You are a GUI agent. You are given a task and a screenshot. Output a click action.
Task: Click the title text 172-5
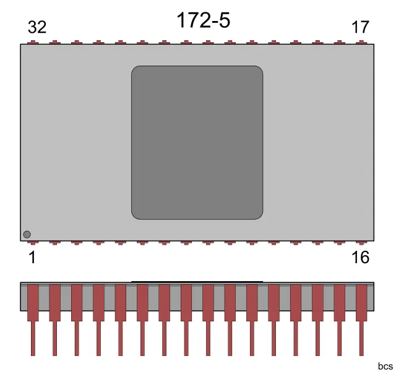click(203, 20)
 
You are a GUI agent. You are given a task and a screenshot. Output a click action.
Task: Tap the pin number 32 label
click(37, 28)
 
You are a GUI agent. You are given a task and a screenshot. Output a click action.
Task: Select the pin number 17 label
click(360, 28)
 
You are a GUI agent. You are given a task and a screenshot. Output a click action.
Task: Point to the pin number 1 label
click(32, 258)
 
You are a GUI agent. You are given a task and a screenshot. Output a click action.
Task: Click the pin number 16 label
click(360, 258)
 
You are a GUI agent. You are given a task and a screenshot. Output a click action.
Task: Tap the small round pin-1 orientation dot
click(27, 234)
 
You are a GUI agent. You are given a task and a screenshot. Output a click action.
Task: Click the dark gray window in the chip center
click(197, 142)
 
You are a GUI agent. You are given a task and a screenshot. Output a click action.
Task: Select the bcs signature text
click(385, 366)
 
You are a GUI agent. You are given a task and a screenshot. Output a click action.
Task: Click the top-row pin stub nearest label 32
click(32, 43)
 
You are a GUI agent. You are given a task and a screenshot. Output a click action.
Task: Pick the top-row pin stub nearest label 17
click(361, 43)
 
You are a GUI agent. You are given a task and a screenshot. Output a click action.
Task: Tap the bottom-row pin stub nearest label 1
click(32, 242)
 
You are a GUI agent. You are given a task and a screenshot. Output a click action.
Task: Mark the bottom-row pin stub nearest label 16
click(361, 242)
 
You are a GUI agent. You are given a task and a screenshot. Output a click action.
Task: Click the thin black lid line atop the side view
click(197, 282)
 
